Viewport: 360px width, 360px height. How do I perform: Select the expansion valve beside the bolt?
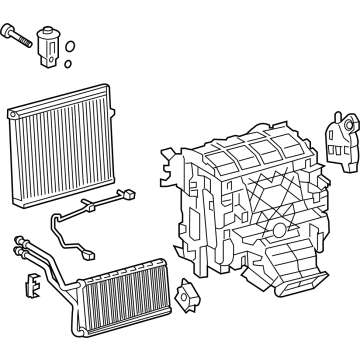[x=47, y=44]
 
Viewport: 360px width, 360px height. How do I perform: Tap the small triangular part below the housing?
[x=187, y=297]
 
